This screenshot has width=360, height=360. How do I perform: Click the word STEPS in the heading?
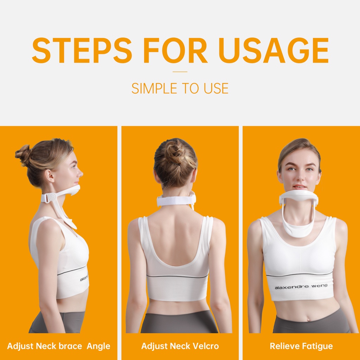tap(82, 50)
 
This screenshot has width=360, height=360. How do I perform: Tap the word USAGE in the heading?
tap(274, 50)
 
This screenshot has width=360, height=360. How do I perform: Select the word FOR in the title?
tap(175, 50)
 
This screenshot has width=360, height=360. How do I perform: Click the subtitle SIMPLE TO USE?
tap(180, 88)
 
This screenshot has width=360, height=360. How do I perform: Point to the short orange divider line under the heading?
tap(180, 72)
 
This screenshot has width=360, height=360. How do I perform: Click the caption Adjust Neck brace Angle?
tap(59, 346)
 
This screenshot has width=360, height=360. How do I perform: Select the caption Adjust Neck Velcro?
tap(180, 346)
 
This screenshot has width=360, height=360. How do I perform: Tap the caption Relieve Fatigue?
tap(301, 346)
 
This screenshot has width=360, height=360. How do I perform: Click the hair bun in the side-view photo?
tap(22, 155)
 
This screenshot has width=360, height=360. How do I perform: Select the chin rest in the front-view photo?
tap(299, 197)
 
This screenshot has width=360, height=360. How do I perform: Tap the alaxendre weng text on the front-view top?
tap(301, 287)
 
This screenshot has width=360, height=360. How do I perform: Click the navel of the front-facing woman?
tap(308, 319)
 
